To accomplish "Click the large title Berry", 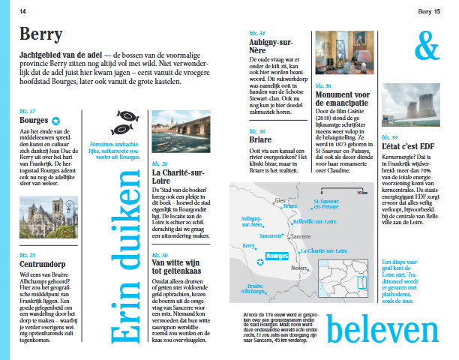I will pyautogui.click(x=41, y=34).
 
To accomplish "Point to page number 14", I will pyautogui.click(x=22, y=11).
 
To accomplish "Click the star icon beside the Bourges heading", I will pyautogui.click(x=55, y=120).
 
